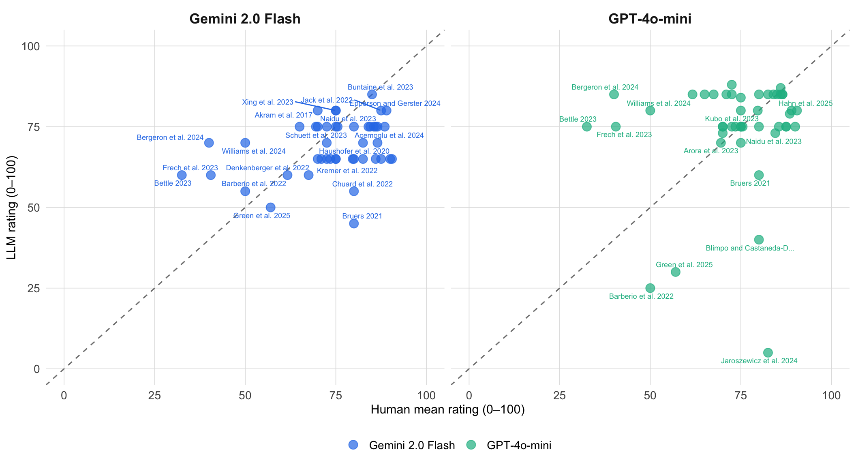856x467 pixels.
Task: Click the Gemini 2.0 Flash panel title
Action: pyautogui.click(x=245, y=19)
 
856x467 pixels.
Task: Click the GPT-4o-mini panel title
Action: pyautogui.click(x=650, y=19)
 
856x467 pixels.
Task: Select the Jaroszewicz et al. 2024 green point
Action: pyautogui.click(x=768, y=353)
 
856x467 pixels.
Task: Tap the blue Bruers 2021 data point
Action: pyautogui.click(x=354, y=223)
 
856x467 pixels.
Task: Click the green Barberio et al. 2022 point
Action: pyautogui.click(x=650, y=288)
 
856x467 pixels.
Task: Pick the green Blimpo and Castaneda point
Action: pyautogui.click(x=759, y=240)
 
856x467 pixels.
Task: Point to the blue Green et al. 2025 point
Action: pyautogui.click(x=270, y=207)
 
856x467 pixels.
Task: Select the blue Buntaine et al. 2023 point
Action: pyautogui.click(x=372, y=94)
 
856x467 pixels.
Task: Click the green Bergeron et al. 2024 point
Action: pyautogui.click(x=614, y=94)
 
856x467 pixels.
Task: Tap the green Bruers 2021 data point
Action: pyautogui.click(x=759, y=175)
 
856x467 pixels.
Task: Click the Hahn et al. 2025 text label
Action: pyautogui.click(x=805, y=103)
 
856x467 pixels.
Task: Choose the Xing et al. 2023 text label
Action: pyautogui.click(x=267, y=102)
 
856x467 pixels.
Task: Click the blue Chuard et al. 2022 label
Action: pyautogui.click(x=362, y=184)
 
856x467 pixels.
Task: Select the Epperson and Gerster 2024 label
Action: pyautogui.click(x=395, y=103)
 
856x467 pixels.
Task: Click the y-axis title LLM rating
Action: pyautogui.click(x=12, y=207)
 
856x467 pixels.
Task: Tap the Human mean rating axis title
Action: pyautogui.click(x=447, y=410)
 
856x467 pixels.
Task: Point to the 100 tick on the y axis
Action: pyautogui.click(x=31, y=46)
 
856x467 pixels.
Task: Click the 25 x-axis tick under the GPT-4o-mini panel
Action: pyautogui.click(x=560, y=395)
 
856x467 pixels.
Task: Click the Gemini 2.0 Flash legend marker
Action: pyautogui.click(x=353, y=445)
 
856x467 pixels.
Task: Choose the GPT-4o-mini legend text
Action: pyautogui.click(x=519, y=446)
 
